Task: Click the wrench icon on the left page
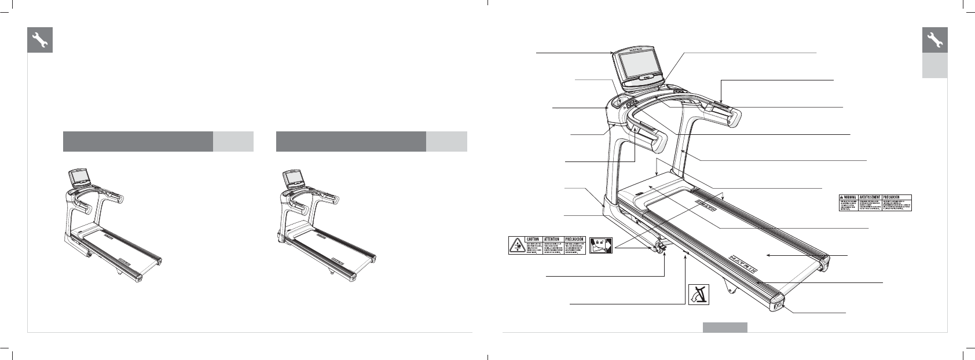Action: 40,40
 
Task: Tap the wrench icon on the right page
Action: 934,40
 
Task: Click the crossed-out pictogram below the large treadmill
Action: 699,295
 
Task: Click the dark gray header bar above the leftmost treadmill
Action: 138,141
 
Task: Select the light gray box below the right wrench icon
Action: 934,66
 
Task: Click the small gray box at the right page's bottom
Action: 725,328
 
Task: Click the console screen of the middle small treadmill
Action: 292,175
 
